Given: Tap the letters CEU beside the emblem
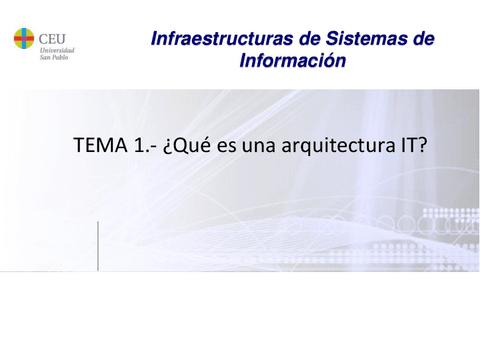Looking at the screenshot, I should [53, 35].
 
